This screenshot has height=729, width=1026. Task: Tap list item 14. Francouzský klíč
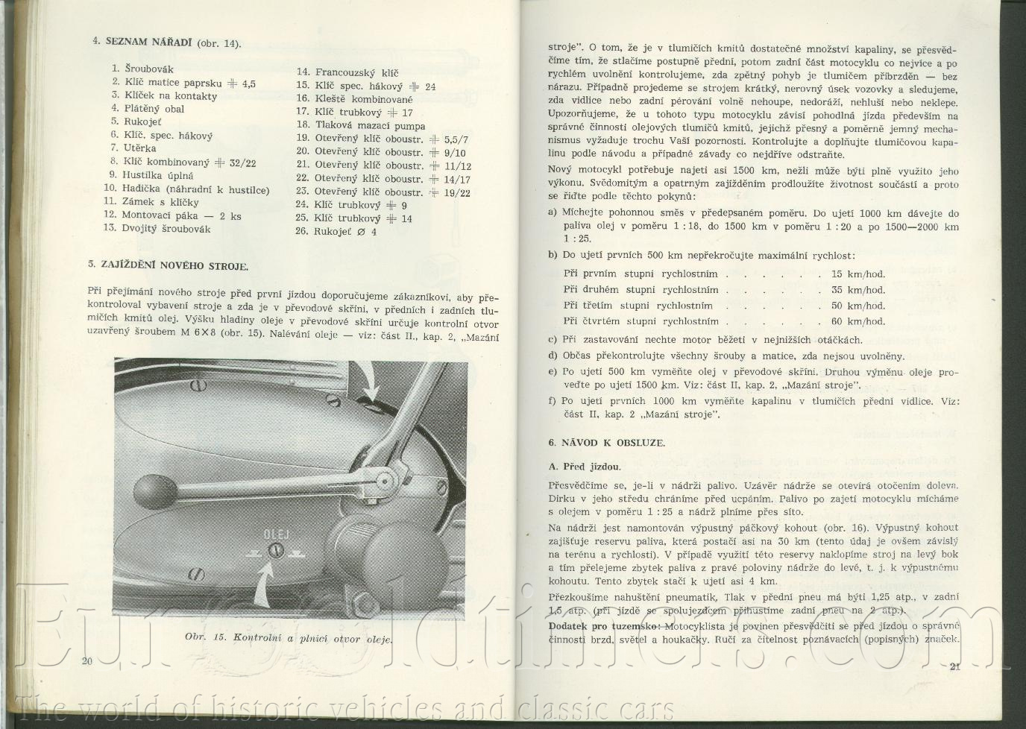347,72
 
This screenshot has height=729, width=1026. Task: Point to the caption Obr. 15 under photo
289,638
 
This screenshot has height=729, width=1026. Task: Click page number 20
87,661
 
